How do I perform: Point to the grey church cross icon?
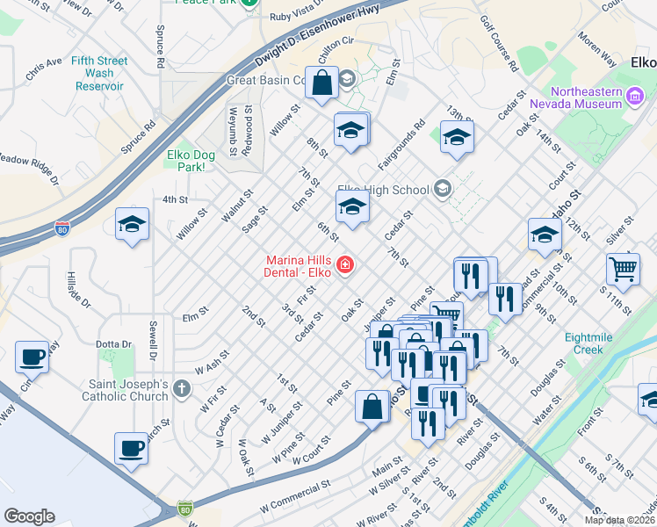pyautogui.click(x=181, y=387)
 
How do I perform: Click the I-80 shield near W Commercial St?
pyautogui.click(x=184, y=509)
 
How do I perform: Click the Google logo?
pyautogui.click(x=29, y=516)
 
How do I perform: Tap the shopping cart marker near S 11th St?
pyautogui.click(x=624, y=270)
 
